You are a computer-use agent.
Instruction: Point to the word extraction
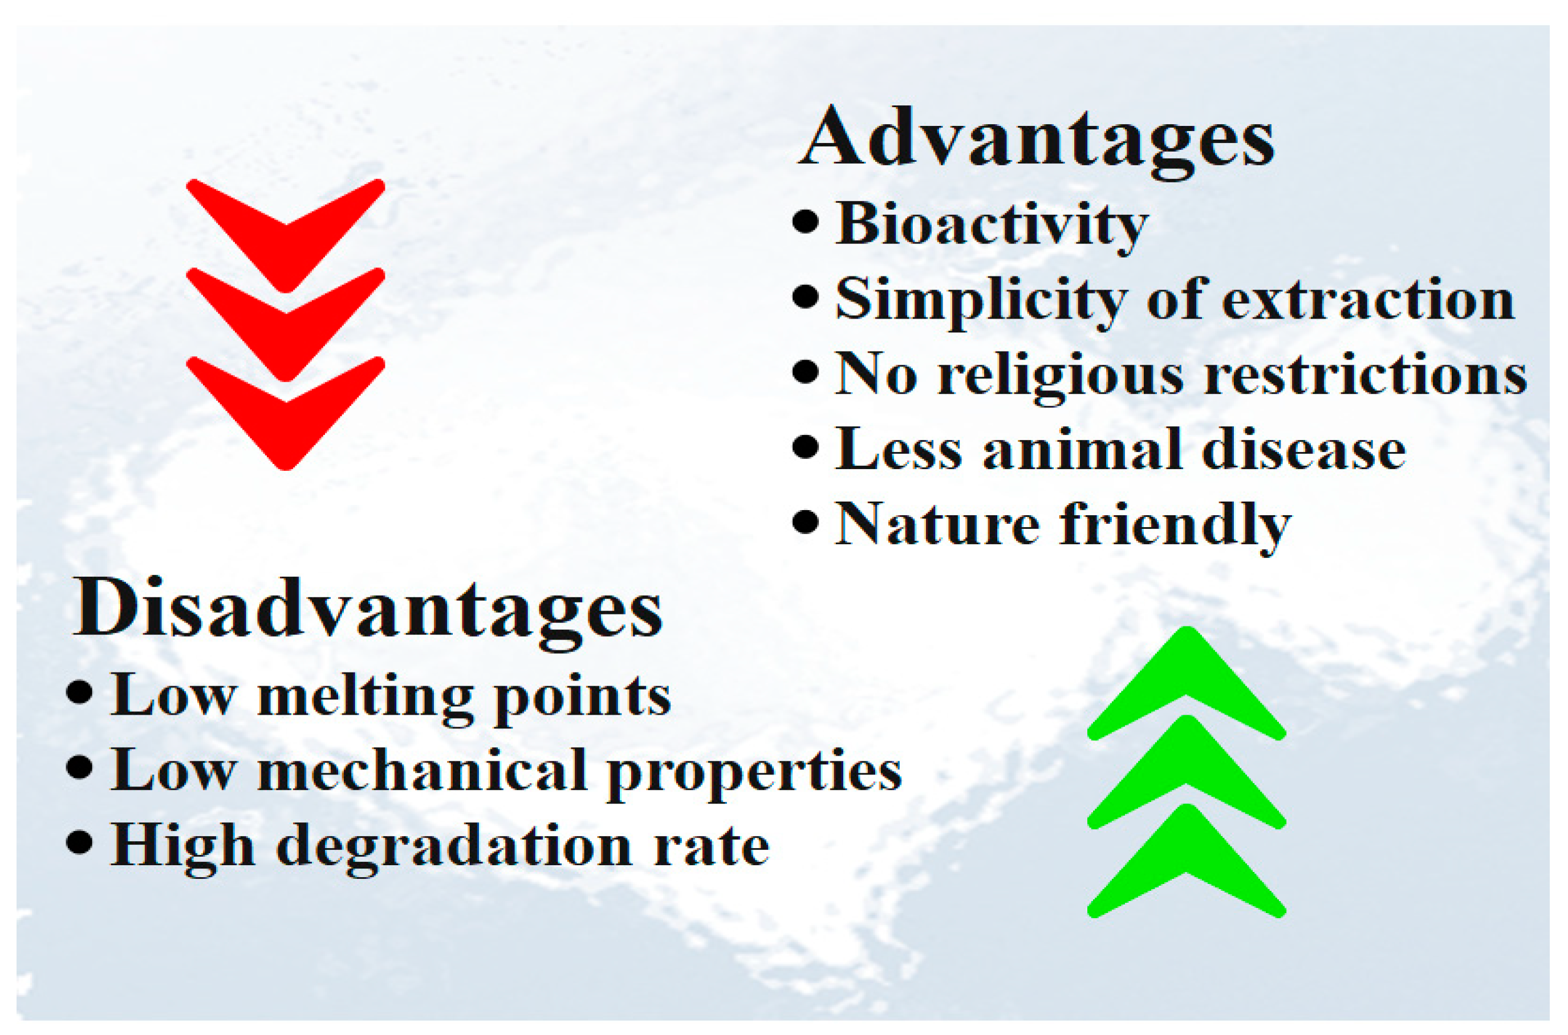[x=1368, y=301]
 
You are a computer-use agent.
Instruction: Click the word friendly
[x=1175, y=527]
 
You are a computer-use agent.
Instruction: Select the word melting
[x=365, y=698]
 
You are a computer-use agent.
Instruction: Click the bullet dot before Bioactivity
[x=806, y=221]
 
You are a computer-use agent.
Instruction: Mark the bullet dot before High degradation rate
[x=79, y=842]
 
